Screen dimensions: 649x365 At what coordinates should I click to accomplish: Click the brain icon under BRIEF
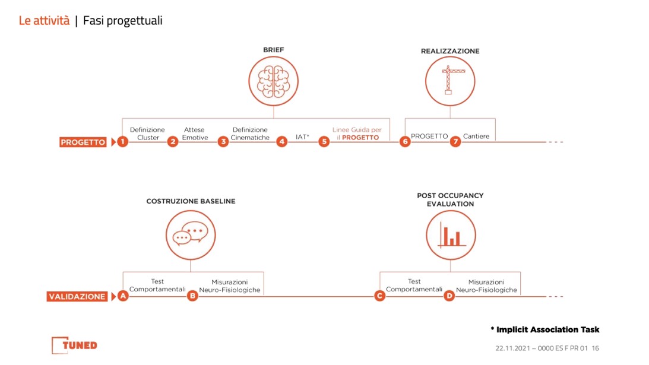(273, 81)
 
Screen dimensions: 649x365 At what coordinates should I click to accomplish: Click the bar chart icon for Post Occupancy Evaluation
(451, 235)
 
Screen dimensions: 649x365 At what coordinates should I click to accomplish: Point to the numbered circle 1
(122, 141)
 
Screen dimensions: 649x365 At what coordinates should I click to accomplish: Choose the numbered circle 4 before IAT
(282, 141)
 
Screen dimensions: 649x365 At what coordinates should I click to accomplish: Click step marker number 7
(455, 141)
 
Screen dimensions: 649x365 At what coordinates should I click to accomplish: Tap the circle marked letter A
(123, 296)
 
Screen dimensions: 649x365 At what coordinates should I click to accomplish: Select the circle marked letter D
(449, 296)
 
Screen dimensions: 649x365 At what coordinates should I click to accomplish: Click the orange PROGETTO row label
(83, 142)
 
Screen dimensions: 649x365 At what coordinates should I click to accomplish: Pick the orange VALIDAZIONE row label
(77, 297)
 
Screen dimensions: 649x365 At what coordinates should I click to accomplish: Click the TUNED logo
(74, 345)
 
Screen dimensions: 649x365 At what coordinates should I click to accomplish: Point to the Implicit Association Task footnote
(544, 330)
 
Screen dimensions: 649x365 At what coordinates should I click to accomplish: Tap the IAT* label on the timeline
(302, 137)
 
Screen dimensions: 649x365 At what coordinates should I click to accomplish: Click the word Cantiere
(476, 136)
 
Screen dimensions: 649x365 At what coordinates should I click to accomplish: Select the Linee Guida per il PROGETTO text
(357, 134)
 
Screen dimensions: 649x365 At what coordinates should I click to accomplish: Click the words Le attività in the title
(45, 21)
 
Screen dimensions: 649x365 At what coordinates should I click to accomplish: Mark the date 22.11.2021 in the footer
(512, 348)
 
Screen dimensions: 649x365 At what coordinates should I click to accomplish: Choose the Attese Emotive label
(195, 134)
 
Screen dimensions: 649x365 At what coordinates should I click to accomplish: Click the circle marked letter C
(379, 296)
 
